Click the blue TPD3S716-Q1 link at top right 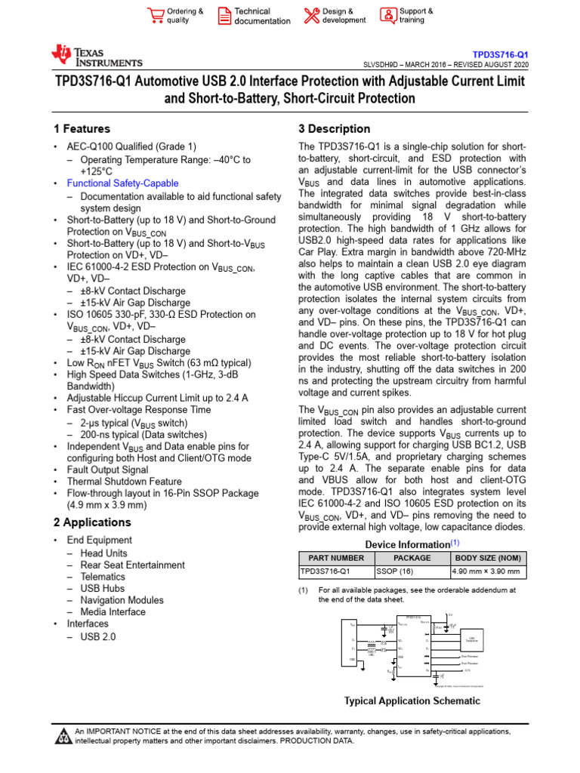pos(500,55)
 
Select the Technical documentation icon pos(224,16)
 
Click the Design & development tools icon pos(311,16)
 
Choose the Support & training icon pos(387,16)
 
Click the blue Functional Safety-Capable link pos(122,183)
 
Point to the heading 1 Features pos(82,129)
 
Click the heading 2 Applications pos(92,522)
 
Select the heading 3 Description pos(335,129)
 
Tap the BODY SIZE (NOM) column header pos(489,558)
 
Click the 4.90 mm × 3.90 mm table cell pos(489,571)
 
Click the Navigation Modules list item pos(122,600)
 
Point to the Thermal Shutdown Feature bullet pos(124,482)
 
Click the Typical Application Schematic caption pos(412,701)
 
